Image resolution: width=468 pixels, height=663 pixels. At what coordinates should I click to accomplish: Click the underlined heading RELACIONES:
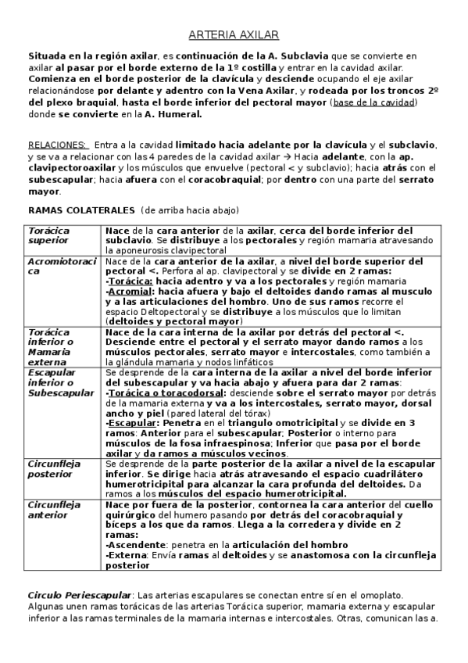pos(57,145)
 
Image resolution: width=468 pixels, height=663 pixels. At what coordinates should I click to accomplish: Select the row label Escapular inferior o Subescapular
pos(61,383)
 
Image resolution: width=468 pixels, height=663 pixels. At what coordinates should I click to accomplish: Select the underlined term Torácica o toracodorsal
pos(156,392)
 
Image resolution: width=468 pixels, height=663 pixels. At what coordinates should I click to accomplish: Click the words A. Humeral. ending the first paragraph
pos(173,113)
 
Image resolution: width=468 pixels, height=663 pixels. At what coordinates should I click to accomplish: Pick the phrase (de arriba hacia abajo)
pos(190,210)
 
